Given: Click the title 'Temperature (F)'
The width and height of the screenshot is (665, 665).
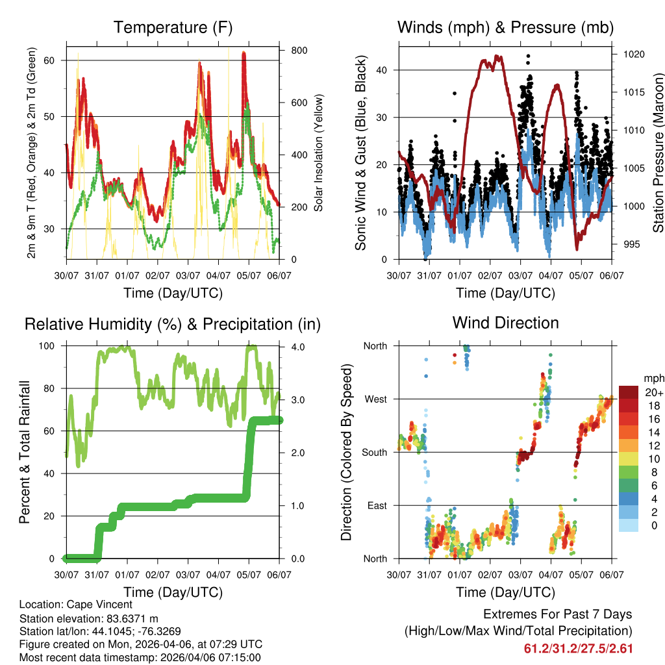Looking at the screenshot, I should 173,27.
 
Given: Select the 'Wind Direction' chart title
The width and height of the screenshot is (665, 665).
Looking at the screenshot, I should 505,323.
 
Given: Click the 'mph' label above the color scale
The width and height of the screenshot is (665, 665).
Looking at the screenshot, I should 652,378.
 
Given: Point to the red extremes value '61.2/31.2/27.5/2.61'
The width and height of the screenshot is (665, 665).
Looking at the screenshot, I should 578,648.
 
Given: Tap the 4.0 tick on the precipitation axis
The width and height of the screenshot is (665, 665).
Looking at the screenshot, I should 298,346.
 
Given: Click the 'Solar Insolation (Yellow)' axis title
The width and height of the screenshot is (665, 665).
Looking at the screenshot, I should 319,153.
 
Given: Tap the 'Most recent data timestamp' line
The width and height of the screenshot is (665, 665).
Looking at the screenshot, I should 140,657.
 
